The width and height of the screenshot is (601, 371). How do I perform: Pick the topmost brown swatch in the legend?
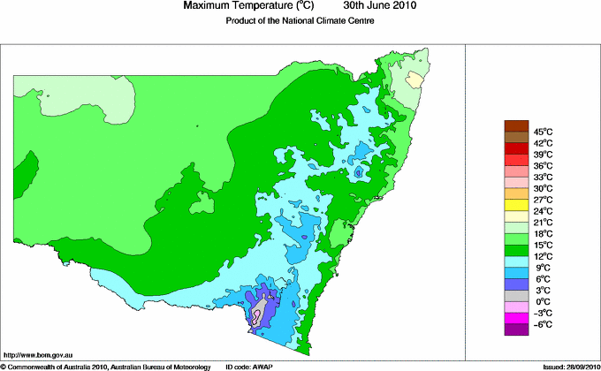pos(515,125)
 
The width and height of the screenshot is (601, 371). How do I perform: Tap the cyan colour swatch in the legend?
pos(515,261)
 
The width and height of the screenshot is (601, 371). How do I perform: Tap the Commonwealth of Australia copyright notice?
pos(106,366)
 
